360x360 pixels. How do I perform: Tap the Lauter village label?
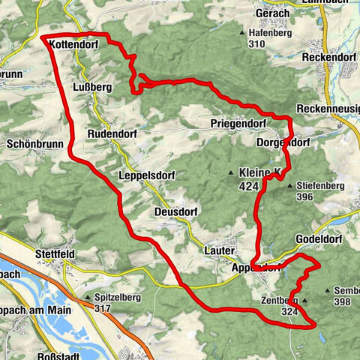(x=219, y=251)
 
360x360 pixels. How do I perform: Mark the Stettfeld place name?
(x=55, y=254)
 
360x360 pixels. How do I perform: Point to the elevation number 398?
(x=343, y=301)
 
